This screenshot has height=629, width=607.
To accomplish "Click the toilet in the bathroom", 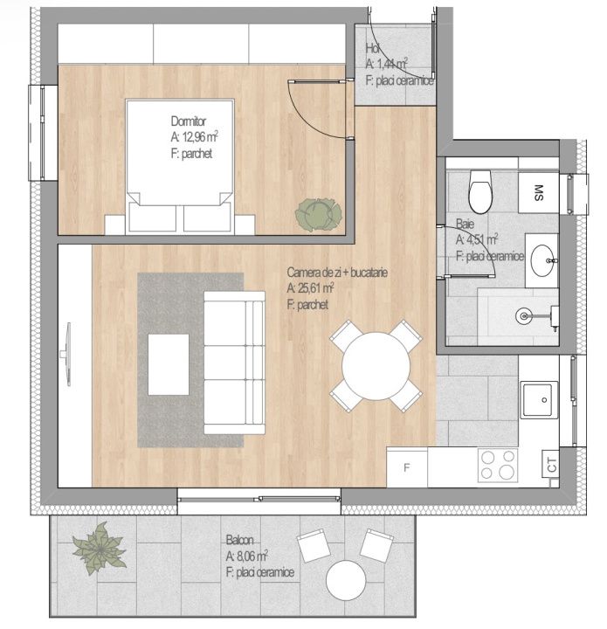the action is tap(480, 191).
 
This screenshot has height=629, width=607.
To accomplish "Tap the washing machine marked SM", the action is tap(539, 193).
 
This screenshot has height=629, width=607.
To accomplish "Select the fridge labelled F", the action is tap(406, 468).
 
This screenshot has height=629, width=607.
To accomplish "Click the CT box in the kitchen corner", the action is tap(551, 464).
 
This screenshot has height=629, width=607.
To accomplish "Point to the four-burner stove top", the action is tap(498, 466).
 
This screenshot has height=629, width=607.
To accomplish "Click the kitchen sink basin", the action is tap(539, 399).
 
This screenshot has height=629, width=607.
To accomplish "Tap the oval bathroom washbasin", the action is tap(542, 260).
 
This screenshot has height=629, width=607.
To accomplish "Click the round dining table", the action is tap(376, 366).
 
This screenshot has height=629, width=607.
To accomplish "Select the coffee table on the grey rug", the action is tap(169, 364).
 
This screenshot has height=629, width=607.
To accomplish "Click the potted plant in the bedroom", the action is tap(318, 215).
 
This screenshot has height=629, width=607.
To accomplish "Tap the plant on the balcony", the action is tap(99, 548).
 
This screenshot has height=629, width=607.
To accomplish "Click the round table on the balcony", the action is tap(346, 580).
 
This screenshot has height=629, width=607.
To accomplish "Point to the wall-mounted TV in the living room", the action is tap(66, 354).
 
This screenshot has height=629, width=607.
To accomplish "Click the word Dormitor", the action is tap(188, 121).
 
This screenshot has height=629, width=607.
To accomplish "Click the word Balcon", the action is tap(239, 540).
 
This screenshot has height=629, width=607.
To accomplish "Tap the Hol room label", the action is tap(372, 48).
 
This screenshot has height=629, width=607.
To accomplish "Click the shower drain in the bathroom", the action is tap(524, 316).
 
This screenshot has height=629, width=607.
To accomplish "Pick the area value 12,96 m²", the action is tap(200, 137).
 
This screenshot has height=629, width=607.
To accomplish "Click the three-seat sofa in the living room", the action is tap(234, 363).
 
